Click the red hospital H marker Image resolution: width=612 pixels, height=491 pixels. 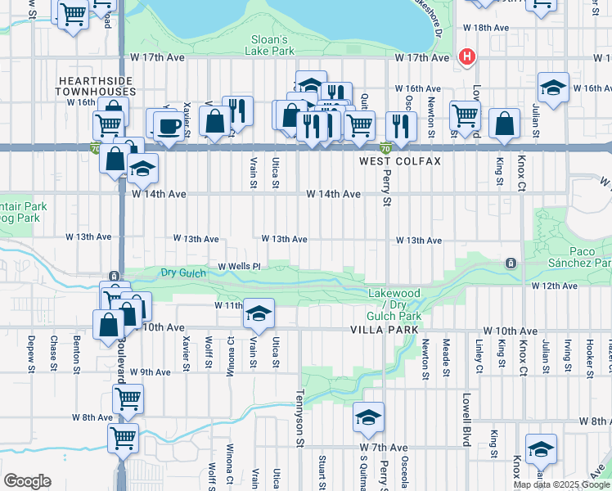point(467,56)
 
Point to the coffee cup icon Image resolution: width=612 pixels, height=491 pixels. point(169,126)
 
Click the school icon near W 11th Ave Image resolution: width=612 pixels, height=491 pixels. point(259,313)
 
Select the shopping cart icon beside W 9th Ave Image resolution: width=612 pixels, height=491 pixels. point(128,399)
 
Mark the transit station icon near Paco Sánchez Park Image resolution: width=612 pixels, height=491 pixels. point(511,263)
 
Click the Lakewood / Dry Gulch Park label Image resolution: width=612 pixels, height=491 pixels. point(394,304)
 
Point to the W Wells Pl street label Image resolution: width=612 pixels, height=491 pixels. point(239,267)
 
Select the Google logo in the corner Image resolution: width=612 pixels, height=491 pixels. point(28,480)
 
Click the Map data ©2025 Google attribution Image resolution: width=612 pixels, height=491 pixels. point(561,484)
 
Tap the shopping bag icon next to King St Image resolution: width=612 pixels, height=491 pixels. point(504,124)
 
